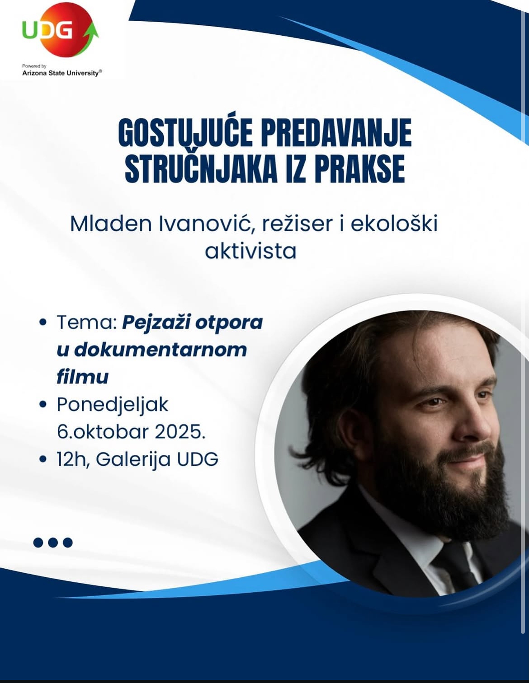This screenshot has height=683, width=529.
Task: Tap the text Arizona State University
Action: click(61, 73)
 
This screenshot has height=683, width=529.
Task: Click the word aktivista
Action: click(250, 252)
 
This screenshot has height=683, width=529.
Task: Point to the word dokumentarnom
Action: click(161, 350)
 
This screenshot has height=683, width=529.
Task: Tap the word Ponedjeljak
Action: click(113, 406)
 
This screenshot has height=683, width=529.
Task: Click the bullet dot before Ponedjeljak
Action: click(43, 405)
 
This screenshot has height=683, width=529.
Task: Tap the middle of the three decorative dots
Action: click(53, 543)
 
